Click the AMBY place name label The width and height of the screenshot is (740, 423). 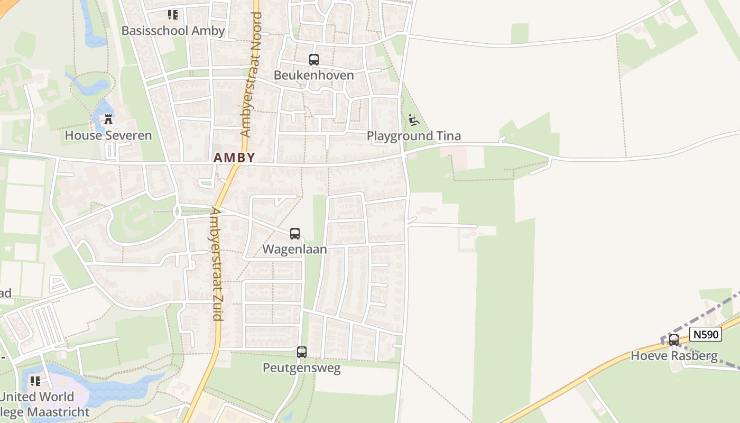point(235,158)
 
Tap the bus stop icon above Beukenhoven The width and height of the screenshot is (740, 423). point(314,60)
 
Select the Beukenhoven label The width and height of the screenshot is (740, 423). point(314,75)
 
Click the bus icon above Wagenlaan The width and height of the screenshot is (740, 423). point(295,234)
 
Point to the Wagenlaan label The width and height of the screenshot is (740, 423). point(295,249)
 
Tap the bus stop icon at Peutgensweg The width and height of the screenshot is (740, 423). point(302,352)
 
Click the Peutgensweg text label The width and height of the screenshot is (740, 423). point(302,367)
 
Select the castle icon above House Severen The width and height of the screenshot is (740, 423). point(108,120)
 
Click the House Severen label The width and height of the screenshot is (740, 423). point(108,135)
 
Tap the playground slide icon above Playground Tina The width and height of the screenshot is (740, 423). point(414,121)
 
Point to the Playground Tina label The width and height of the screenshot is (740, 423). point(414,136)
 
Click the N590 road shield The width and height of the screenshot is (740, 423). point(706,334)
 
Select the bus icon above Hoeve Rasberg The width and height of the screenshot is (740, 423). point(674,340)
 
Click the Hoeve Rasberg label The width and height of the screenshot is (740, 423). point(674,356)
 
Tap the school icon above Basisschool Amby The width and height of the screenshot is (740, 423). point(173,15)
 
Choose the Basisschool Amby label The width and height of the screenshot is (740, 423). point(173,31)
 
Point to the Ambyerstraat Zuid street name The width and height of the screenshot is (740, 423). point(216,263)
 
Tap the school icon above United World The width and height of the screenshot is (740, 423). point(35,381)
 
